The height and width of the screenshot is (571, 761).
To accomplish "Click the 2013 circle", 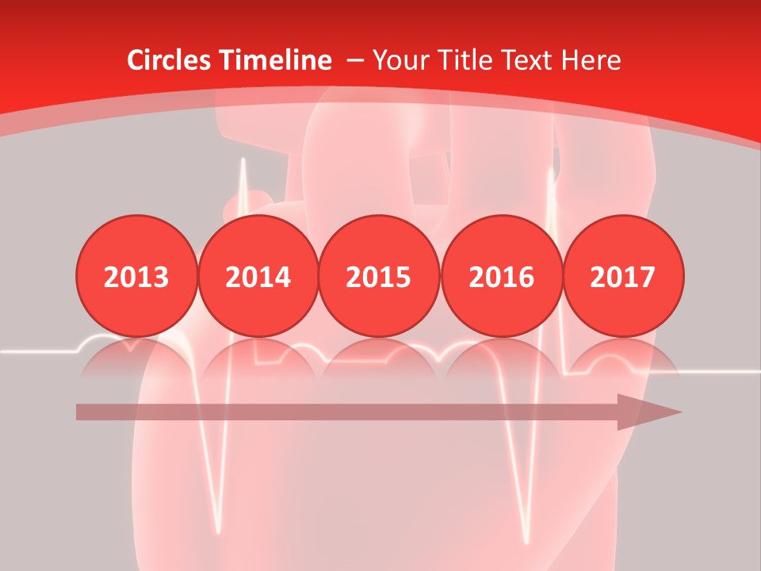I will coord(136,276).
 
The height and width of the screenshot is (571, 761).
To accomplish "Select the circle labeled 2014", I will coord(258,276).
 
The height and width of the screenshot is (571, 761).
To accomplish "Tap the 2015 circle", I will coord(379,276).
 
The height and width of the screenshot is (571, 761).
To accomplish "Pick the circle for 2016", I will coord(502,276).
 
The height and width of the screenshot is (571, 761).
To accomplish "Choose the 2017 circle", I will coord(623,276).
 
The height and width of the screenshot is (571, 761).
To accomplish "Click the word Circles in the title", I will coord(171,60).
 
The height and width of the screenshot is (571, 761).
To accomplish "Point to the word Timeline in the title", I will coord(277,60).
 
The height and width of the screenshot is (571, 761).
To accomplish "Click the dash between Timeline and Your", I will coord(355,61).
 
